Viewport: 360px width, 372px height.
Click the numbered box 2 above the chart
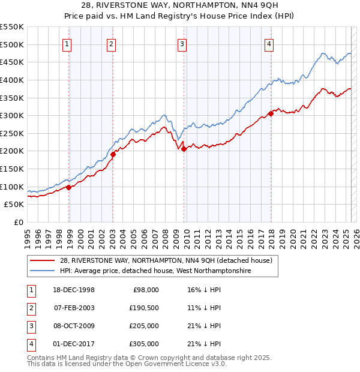coord(112,43)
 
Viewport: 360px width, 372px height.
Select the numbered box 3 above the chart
coord(182,43)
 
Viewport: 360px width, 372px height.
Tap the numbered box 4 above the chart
coord(269,43)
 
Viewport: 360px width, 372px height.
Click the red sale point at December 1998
coord(69,187)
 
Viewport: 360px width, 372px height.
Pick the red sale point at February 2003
coord(113,154)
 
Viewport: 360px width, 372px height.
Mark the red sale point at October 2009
coord(184,149)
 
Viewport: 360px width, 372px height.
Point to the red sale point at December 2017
coord(271,113)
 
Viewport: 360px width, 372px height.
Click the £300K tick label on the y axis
coord(12,115)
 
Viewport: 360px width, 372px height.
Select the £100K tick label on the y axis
coord(12,187)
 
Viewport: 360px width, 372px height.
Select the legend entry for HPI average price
coord(155,271)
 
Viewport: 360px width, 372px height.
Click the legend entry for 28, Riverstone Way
coord(166,260)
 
